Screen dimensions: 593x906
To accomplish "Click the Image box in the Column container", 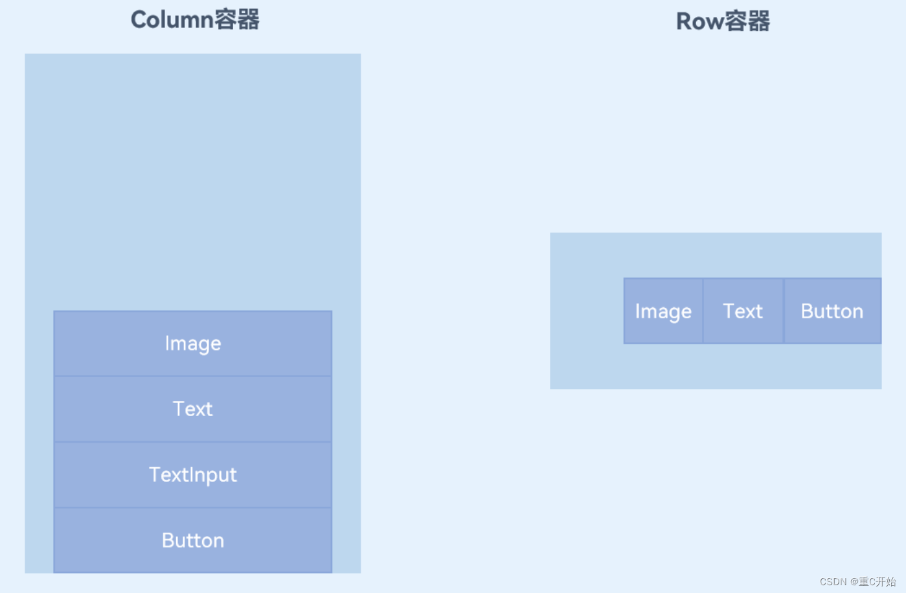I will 193,343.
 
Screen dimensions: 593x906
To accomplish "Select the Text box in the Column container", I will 193,409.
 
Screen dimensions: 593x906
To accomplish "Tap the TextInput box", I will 193,475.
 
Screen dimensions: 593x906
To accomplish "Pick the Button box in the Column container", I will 193,541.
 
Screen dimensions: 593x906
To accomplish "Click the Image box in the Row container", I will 663,311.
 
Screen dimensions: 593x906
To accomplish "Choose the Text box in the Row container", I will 743,311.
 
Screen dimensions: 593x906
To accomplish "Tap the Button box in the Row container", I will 832,311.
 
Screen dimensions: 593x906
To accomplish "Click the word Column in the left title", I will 172,19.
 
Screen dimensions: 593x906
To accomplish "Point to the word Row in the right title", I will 700,21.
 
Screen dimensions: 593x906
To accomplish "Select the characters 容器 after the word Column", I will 237,19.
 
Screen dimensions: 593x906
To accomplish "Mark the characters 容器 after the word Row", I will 747,21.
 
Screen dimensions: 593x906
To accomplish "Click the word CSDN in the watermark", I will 833,581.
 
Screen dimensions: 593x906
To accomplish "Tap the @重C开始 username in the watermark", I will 873,581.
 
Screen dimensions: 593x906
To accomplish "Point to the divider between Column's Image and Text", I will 193,376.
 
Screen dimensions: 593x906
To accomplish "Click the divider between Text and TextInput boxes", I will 193,442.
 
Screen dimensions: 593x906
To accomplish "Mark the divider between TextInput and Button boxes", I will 193,507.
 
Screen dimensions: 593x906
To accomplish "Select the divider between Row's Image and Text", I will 703,311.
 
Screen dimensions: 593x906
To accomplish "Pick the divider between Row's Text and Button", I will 784,311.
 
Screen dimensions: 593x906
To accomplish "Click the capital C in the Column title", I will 138,19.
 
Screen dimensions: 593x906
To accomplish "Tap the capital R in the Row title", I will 683,21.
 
